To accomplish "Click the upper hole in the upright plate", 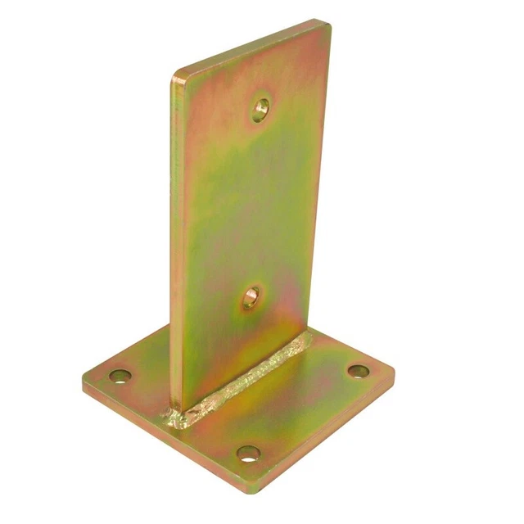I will [260, 107].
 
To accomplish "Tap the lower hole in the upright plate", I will [251, 296].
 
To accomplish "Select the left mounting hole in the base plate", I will [120, 377].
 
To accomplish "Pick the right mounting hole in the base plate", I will [357, 371].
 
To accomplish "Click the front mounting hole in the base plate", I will [248, 453].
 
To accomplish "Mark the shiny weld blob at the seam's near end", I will [177, 418].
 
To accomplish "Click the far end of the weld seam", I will [308, 337].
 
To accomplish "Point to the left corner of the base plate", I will [84, 383].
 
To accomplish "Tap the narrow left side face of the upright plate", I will [175, 246].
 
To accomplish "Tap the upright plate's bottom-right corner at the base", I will [309, 327].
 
